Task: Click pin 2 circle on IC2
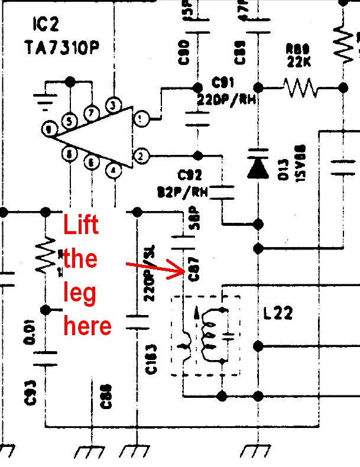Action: [141, 157]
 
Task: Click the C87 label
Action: [192, 273]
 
